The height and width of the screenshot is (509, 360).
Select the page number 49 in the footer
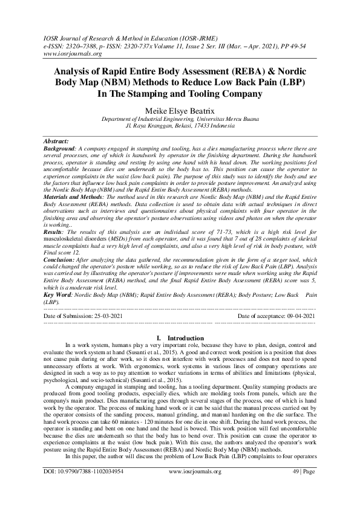294,487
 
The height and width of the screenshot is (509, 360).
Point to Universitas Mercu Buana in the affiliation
226,120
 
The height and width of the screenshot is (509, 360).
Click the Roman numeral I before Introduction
157,337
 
